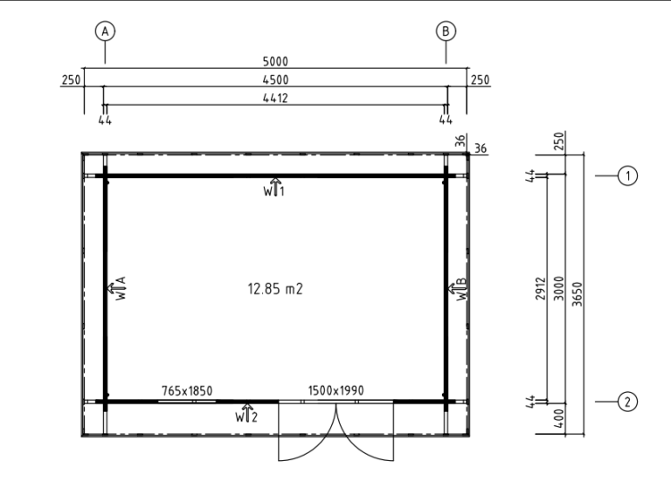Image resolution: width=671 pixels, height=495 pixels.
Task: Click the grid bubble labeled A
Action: (105, 31)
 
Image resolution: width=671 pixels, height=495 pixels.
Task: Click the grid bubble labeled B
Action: (446, 31)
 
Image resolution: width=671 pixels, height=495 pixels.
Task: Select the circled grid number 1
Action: (628, 175)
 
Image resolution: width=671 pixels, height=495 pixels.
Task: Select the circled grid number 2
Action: (628, 402)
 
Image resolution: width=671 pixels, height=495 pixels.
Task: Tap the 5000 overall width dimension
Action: (275, 62)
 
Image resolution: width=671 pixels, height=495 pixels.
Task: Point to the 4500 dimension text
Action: (275, 80)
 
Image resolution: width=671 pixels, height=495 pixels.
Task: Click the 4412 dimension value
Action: (275, 99)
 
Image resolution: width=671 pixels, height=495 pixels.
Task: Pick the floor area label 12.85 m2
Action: (275, 289)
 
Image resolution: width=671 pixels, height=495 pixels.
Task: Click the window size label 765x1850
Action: (187, 391)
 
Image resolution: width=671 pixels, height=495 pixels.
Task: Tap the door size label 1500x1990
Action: (335, 390)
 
